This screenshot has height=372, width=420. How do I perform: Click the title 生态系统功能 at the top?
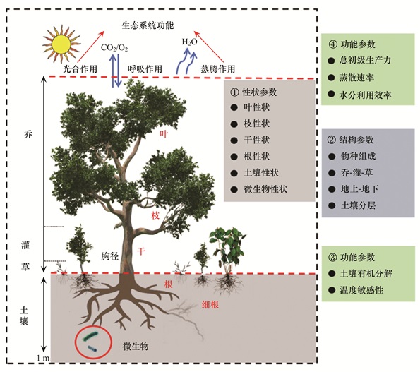pos(148,25)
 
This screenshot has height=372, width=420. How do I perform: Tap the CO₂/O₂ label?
pos(114,48)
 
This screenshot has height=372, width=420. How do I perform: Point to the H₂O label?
pos(190,42)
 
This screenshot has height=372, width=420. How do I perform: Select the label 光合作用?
pos(80,69)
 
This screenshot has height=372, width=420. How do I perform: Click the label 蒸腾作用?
pos(217,69)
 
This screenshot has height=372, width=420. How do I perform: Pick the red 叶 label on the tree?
pos(164,133)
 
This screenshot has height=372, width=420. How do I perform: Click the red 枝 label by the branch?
pos(155,215)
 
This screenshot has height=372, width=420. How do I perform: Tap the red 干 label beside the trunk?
pos(141,251)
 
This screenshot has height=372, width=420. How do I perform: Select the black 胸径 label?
pos(110,256)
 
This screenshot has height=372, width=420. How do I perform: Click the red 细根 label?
pos(210,304)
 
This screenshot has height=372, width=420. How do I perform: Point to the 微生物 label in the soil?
pos(136,347)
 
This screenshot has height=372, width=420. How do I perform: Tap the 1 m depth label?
pos(43,358)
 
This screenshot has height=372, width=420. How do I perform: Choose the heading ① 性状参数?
pos(253,92)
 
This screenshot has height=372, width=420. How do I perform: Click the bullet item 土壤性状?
pos(261,173)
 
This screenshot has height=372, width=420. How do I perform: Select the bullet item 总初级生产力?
pos(365,60)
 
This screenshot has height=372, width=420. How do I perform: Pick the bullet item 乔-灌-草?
pos(356,173)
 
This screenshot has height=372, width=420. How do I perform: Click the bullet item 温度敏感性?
pos(361,290)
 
